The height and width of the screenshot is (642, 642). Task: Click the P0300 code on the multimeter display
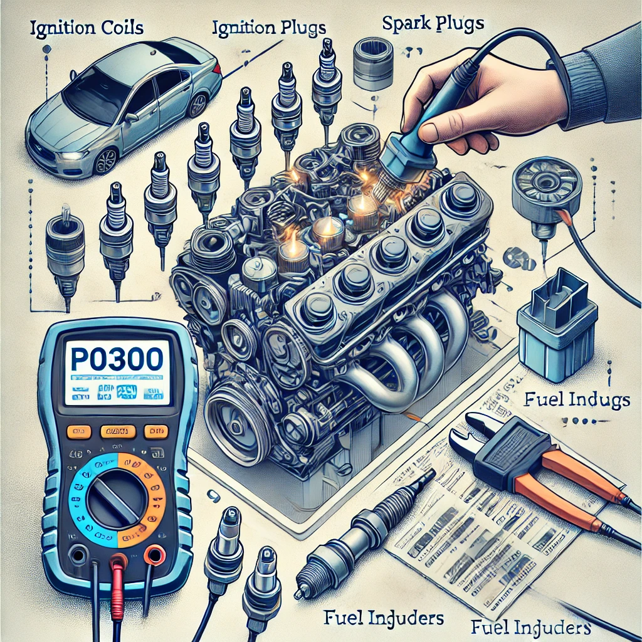pos(117,363)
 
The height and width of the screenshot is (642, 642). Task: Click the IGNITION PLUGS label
pos(268,28)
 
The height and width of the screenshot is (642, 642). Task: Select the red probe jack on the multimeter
pos(116,554)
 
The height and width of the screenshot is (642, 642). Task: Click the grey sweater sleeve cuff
pos(586,82)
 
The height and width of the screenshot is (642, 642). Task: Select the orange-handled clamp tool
pos(539,464)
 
